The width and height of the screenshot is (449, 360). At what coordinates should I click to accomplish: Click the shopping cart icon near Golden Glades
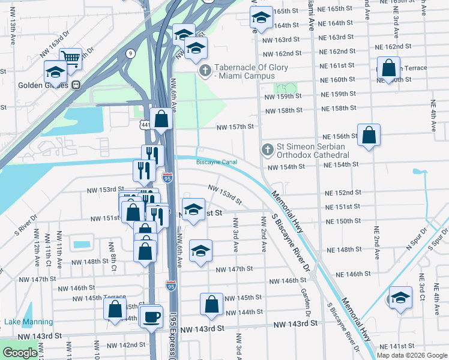tap(71, 58)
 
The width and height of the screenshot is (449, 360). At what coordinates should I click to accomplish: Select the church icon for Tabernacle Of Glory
tap(205, 71)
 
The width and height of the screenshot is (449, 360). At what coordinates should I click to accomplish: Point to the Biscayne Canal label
tap(217, 162)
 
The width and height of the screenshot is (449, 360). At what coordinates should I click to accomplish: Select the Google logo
tap(20, 353)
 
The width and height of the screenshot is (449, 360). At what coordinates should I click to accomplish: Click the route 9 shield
tap(130, 53)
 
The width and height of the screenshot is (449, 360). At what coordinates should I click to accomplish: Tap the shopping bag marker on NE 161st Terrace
tap(388, 67)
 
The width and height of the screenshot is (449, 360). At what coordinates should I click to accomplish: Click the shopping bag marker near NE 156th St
tap(369, 134)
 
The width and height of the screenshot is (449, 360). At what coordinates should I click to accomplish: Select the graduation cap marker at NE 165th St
tap(261, 16)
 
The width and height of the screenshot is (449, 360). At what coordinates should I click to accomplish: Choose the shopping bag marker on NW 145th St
tap(211, 304)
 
